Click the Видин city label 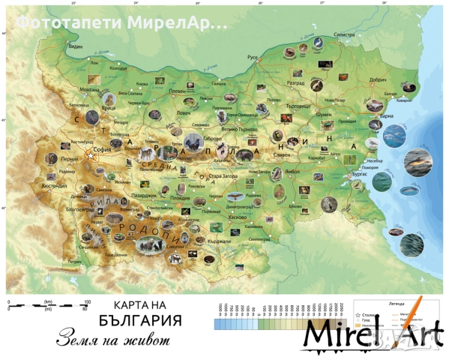(75, 46)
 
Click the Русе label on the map (253, 57)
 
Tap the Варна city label (386, 116)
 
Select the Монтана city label (90, 89)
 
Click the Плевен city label (177, 90)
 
